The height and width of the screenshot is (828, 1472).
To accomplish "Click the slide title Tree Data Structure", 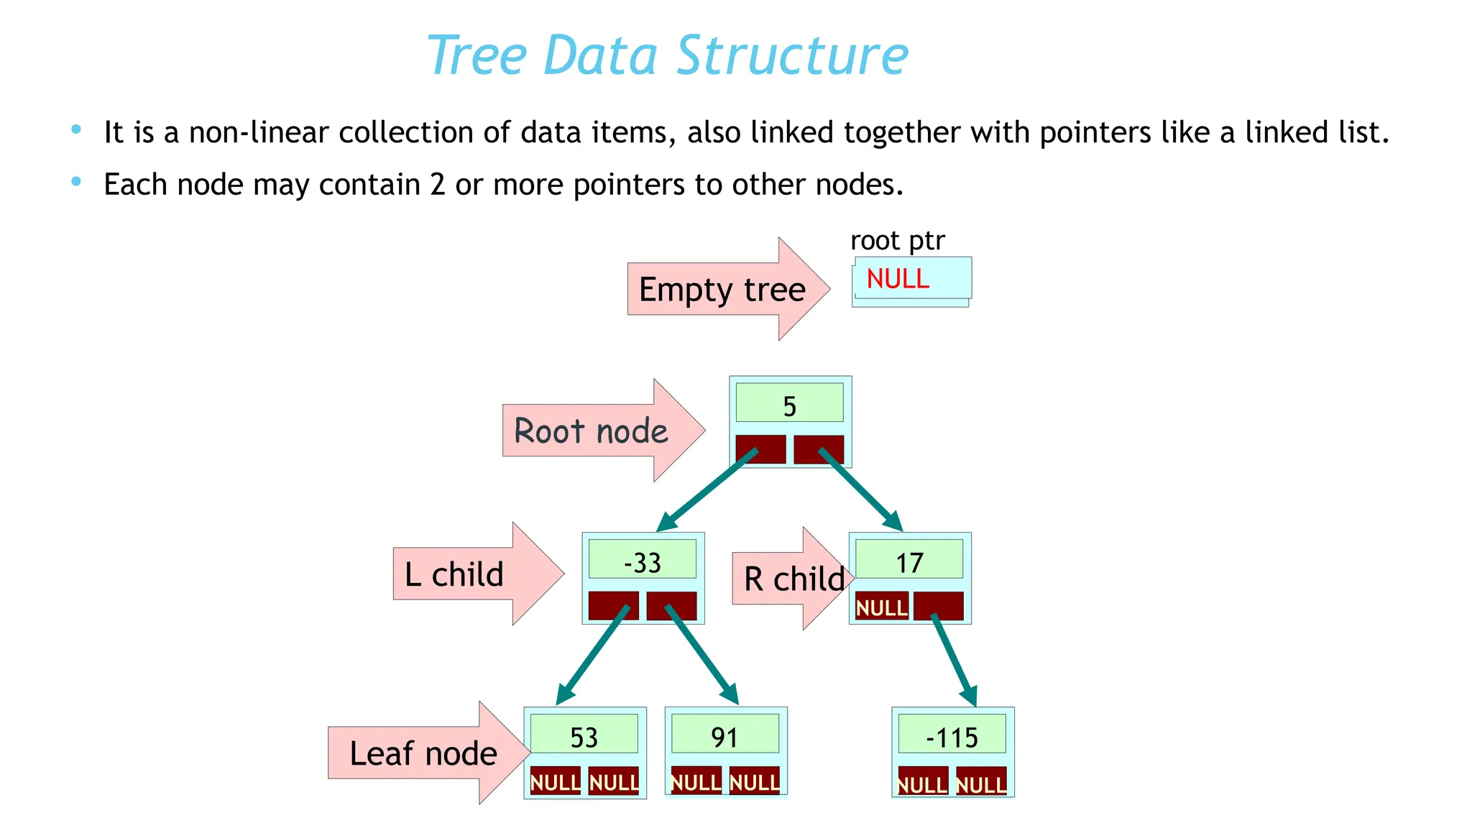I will (667, 55).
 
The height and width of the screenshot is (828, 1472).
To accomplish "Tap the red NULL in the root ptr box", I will (898, 279).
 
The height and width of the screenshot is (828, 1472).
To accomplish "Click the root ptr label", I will (897, 241).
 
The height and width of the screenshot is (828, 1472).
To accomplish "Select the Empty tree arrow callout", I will (722, 289).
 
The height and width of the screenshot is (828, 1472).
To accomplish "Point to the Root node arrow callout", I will (592, 431).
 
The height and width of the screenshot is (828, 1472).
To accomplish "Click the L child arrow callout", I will (455, 574).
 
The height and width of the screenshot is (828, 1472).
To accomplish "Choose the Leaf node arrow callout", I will (423, 753).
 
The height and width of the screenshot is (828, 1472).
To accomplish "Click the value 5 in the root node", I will (789, 406).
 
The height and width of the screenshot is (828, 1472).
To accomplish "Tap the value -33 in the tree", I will (642, 563).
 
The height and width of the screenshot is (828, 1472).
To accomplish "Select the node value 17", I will (909, 563).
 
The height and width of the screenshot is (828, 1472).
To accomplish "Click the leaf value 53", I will (584, 737).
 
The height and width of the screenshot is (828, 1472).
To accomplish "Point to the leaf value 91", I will (724, 737).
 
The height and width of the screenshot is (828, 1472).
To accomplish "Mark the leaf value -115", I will (952, 737).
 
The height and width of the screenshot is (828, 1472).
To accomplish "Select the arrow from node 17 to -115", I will (954, 660).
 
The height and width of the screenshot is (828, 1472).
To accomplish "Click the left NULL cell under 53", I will (555, 782).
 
